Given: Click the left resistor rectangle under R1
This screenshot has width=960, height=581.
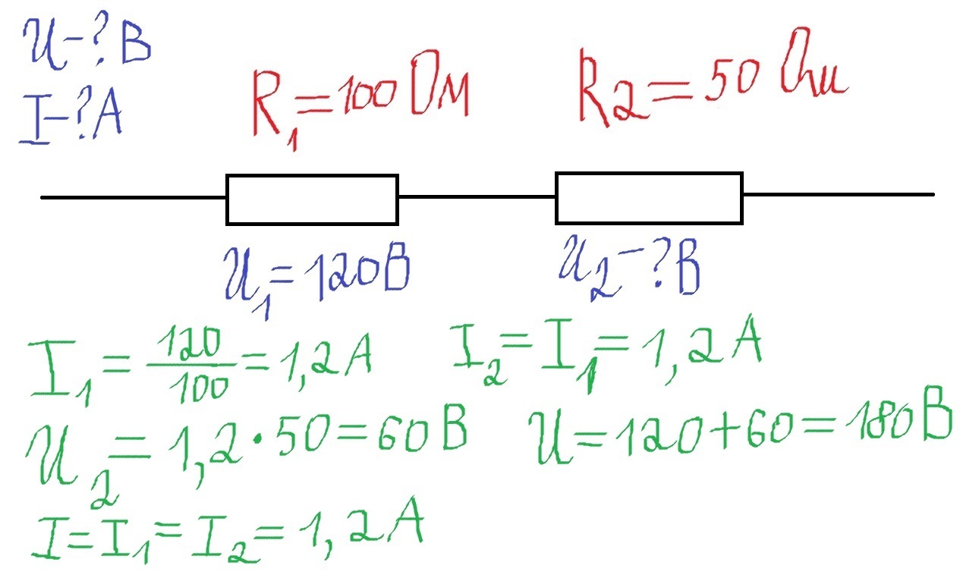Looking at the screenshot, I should [312, 199].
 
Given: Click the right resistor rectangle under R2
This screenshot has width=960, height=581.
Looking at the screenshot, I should [649, 197].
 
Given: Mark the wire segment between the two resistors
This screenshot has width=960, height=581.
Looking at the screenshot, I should [477, 196].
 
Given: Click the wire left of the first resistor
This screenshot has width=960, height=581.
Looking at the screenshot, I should [133, 197].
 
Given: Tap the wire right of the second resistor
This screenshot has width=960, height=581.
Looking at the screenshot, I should [838, 195].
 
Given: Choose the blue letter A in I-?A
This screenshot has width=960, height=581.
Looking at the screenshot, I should [107, 118].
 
